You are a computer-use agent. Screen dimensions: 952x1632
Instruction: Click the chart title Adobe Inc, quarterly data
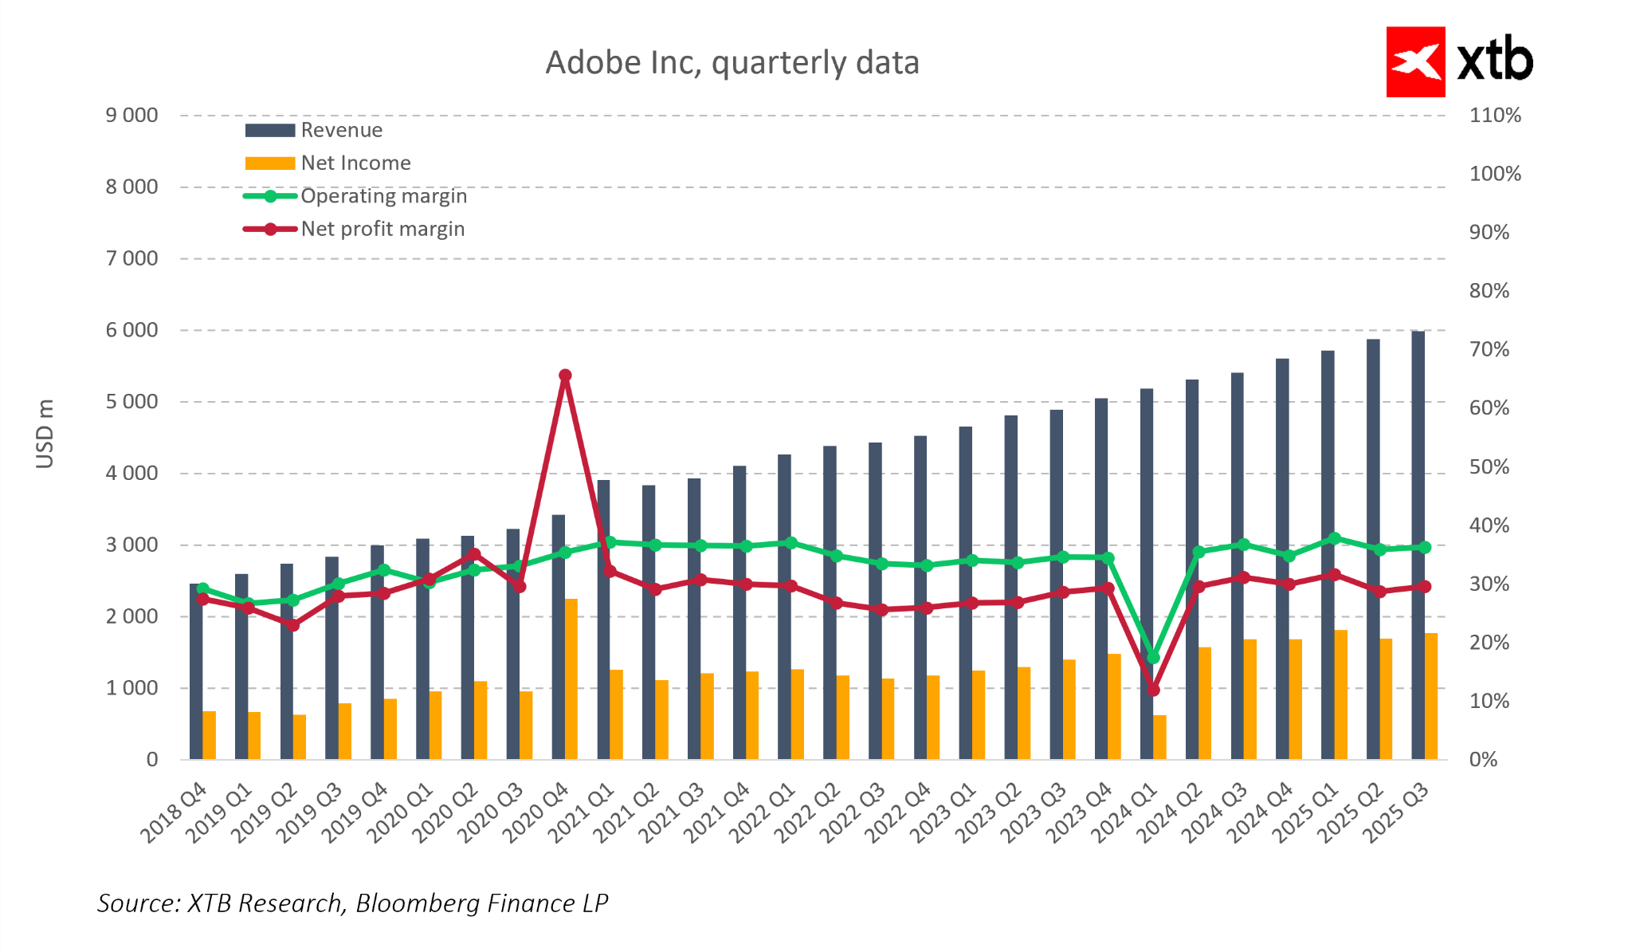(x=732, y=63)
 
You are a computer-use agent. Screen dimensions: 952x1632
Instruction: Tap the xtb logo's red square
(x=1415, y=62)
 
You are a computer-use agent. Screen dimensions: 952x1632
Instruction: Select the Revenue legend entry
(x=341, y=130)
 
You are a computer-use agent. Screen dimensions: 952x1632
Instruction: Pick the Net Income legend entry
(x=355, y=163)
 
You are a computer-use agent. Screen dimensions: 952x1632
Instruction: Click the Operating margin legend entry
(x=383, y=196)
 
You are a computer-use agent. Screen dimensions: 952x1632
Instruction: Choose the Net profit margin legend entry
(x=382, y=229)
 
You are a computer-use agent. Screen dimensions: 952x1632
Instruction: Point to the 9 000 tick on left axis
(x=132, y=116)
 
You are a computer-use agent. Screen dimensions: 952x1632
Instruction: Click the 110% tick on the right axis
(x=1495, y=116)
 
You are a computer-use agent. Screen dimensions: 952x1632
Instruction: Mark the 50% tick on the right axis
(x=1489, y=466)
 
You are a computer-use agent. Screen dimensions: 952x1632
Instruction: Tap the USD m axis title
(x=45, y=434)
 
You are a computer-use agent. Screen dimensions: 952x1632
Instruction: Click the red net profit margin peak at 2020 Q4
(x=565, y=376)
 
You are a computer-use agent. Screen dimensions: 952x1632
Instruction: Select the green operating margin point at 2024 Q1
(x=1153, y=657)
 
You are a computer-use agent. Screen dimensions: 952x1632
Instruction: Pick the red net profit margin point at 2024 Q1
(x=1153, y=690)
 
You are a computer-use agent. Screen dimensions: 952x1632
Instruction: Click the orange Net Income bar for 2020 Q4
(x=571, y=679)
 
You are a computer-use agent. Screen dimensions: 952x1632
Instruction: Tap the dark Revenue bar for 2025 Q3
(x=1418, y=545)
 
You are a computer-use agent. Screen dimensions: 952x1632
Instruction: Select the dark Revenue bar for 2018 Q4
(x=195, y=671)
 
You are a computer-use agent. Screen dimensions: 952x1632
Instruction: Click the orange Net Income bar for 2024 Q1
(x=1159, y=737)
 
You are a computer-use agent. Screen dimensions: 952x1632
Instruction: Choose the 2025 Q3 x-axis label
(x=1399, y=812)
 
